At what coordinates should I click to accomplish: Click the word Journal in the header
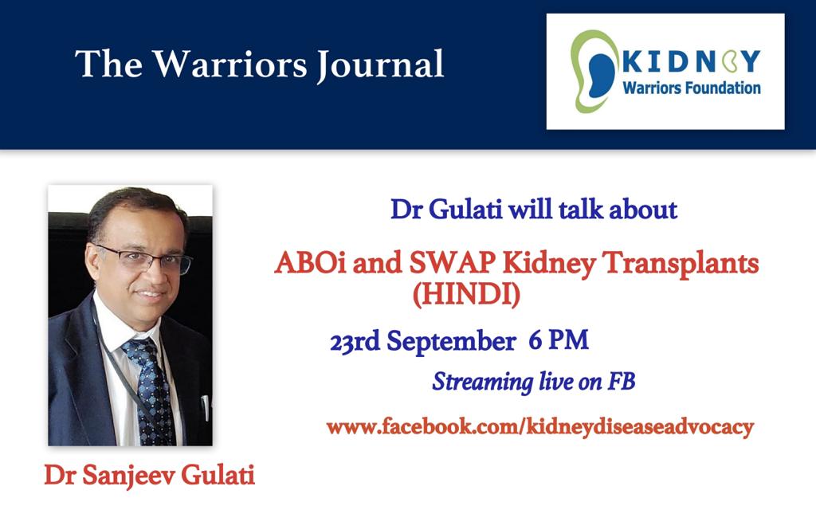coord(380,65)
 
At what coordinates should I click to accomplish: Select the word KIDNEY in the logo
coord(691,61)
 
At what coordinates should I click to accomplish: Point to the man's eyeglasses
coord(143,259)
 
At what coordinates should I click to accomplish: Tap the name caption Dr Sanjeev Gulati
coord(149,475)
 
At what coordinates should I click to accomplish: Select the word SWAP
coord(452,263)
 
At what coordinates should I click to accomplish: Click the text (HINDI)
coord(466,295)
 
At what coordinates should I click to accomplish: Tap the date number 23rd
coord(355,341)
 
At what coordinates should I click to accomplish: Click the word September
coord(451,343)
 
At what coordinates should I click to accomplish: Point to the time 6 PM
coord(559,341)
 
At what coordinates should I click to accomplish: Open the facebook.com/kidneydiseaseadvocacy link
coord(540,427)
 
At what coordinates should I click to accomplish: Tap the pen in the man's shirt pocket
coord(206,407)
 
